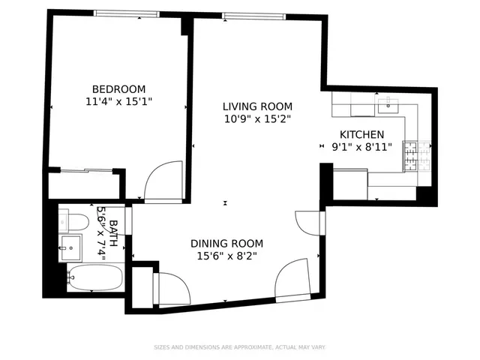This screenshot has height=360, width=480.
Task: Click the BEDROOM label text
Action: pos(119,88)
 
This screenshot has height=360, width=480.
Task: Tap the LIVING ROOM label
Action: pos(257,106)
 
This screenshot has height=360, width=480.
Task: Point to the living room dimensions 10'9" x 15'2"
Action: pos(257,118)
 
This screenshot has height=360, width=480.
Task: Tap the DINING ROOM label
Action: pos(226,244)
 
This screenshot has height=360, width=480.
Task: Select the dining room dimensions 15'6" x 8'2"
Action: pos(226,256)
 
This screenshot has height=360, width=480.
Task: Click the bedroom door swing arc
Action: pos(159,180)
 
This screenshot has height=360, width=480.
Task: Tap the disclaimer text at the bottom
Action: pos(240,347)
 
